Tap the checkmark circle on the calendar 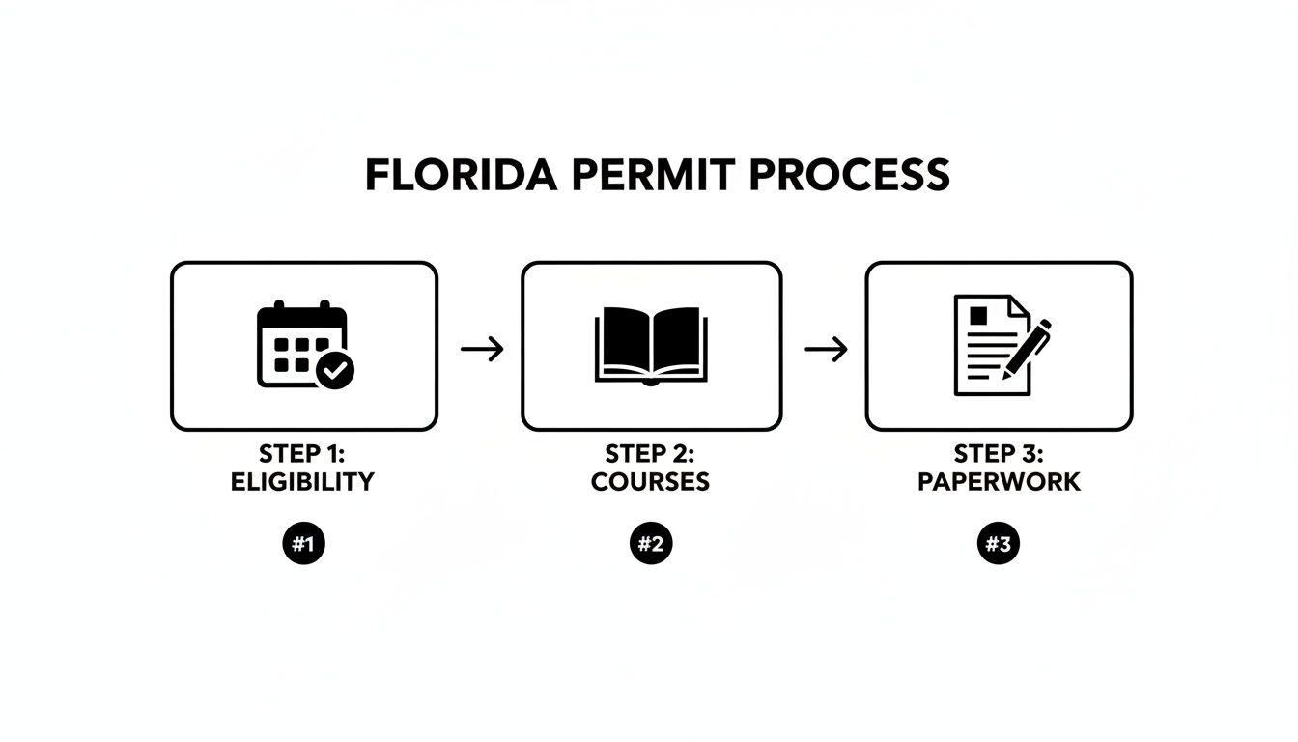[335, 369]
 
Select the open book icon [650, 345]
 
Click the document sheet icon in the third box [985, 345]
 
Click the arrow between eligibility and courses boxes [482, 349]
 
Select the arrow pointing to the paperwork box [826, 349]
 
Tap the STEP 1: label [302, 454]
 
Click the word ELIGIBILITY [302, 482]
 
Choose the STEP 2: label [650, 454]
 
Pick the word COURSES [650, 482]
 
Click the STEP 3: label [999, 454]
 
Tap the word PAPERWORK [999, 482]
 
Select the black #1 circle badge [303, 545]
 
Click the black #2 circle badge [651, 545]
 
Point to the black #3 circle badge [998, 545]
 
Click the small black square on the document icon [978, 316]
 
